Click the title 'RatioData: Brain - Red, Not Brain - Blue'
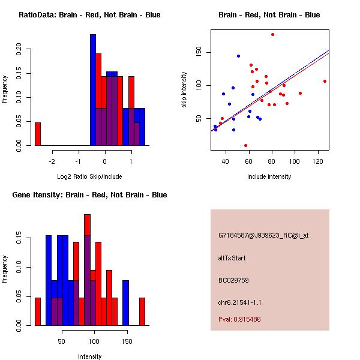(89, 15)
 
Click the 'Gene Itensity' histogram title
(89, 195)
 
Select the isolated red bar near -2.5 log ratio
(37, 134)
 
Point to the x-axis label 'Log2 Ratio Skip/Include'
(89, 176)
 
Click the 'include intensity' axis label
(269, 176)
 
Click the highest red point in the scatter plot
(272, 35)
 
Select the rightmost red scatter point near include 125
(325, 81)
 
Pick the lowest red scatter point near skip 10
(245, 145)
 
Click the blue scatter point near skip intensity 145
(238, 56)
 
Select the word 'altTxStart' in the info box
(232, 258)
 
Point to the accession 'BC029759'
(233, 280)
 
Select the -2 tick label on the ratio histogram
(52, 161)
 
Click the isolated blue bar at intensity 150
(126, 302)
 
